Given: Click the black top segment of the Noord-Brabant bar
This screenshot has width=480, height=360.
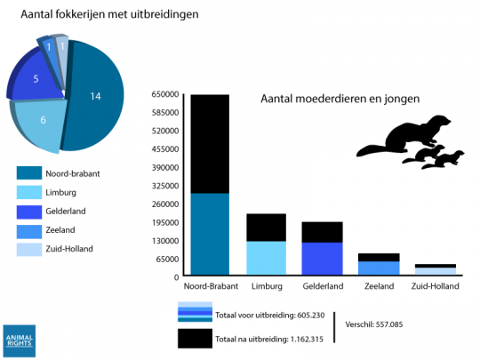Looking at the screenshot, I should [x=210, y=142].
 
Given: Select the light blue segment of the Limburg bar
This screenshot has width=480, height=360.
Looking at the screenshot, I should [x=267, y=258].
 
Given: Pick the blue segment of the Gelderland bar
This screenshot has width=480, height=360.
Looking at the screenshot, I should [x=322, y=259].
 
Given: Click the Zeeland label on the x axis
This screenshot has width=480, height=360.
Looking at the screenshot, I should [x=379, y=286].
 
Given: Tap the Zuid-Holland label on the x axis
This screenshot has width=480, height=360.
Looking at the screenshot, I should [x=435, y=286].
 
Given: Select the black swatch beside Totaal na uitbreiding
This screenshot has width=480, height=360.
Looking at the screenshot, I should [x=195, y=339].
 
